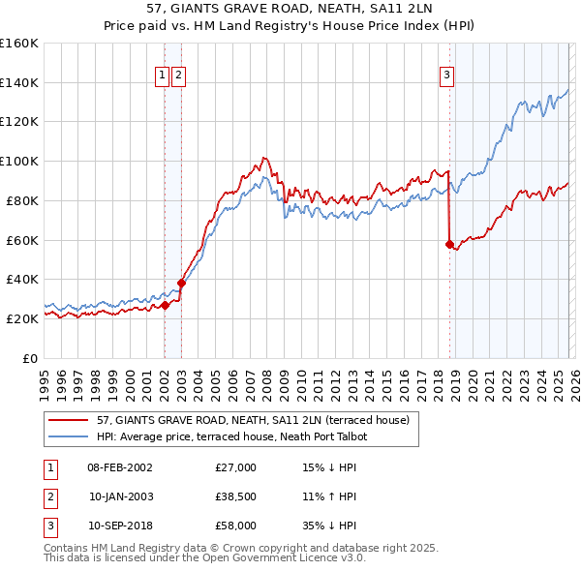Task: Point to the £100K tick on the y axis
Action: pos(19,161)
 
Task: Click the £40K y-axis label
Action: pos(22,279)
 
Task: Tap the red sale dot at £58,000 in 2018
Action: pos(449,244)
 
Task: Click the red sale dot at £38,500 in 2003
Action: pos(181,283)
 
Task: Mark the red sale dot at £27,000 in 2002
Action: pos(165,305)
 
